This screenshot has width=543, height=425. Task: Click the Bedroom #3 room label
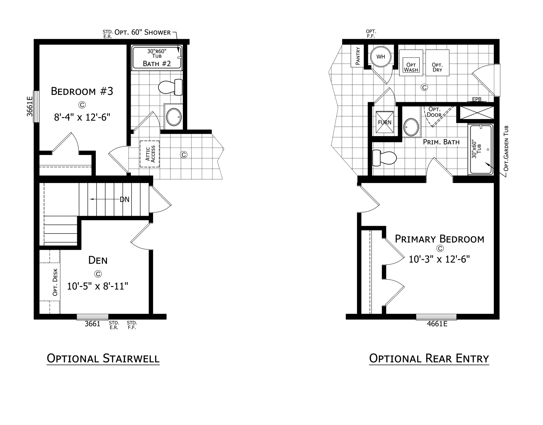[82, 91]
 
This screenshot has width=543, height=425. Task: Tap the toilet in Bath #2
[170, 87]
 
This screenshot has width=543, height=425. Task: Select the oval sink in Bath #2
[174, 117]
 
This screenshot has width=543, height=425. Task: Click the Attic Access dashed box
[150, 154]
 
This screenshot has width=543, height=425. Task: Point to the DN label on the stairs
[124, 199]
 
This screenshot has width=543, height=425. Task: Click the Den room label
[98, 260]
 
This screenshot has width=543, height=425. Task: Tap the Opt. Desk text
[55, 282]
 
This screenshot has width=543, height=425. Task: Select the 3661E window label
[30, 106]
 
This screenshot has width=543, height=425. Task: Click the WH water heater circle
[381, 57]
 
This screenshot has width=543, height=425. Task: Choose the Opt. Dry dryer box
[437, 63]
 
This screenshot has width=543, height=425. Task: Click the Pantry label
[358, 56]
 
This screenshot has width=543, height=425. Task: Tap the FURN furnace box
[385, 122]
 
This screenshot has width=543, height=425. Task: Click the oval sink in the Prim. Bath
[411, 127]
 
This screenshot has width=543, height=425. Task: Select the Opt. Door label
[434, 112]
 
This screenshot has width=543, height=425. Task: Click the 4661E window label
[437, 324]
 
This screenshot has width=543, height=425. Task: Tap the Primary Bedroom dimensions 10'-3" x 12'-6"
[439, 259]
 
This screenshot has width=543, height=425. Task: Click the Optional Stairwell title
[103, 358]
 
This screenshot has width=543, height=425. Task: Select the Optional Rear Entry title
[429, 358]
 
